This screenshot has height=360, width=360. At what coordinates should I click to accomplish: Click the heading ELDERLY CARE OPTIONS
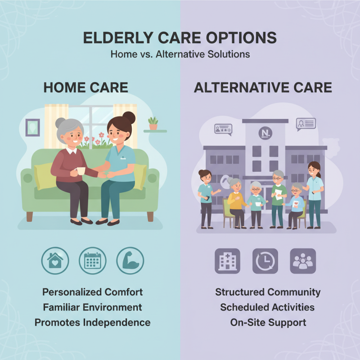click(x=180, y=38)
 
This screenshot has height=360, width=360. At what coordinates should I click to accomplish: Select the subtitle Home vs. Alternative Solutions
click(x=180, y=54)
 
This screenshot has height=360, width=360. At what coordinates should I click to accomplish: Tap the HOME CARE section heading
click(x=85, y=87)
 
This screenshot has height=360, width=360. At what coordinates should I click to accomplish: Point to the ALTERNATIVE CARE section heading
click(x=263, y=87)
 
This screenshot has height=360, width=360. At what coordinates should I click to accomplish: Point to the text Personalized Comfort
click(x=92, y=292)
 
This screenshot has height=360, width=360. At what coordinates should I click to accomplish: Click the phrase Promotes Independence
click(x=92, y=323)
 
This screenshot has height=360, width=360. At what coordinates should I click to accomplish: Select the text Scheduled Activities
click(x=267, y=307)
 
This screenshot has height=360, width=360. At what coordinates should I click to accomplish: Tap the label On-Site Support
click(x=268, y=323)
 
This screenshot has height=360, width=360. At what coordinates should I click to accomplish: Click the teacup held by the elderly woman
click(x=81, y=171)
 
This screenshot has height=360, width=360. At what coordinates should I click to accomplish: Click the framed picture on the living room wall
click(x=32, y=127)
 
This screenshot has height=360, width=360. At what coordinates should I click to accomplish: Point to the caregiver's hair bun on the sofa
click(x=129, y=118)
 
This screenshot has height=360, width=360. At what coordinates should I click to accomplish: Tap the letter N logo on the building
click(x=265, y=133)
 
